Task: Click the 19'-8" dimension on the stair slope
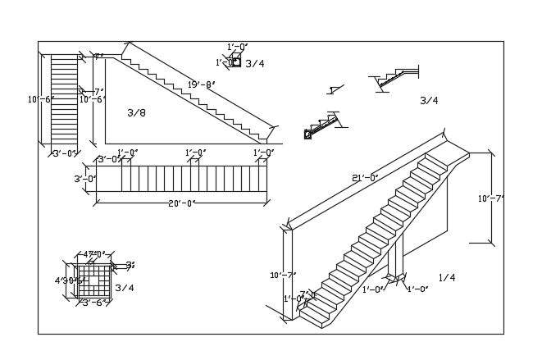(201, 84)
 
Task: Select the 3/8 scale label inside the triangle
(136, 112)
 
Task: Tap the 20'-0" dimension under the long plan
(180, 203)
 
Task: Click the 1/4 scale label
(446, 278)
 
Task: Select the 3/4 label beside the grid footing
(124, 288)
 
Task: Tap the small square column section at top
(236, 62)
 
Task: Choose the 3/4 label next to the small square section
(254, 63)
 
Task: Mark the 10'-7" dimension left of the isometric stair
(283, 275)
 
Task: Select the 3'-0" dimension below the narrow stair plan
(65, 153)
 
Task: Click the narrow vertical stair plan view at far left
(64, 100)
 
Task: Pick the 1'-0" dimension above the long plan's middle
(195, 153)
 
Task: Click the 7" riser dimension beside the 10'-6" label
(98, 92)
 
